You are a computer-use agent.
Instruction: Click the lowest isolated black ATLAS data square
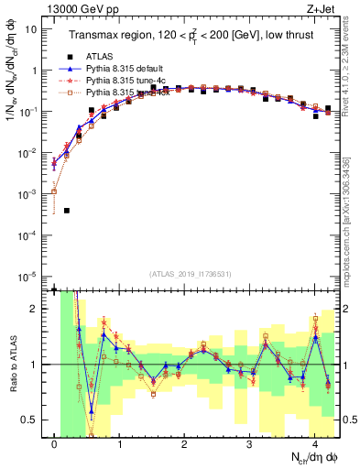(67, 211)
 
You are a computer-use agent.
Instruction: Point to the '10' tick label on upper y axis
(30, 28)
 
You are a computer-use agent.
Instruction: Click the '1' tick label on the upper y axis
(34, 70)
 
